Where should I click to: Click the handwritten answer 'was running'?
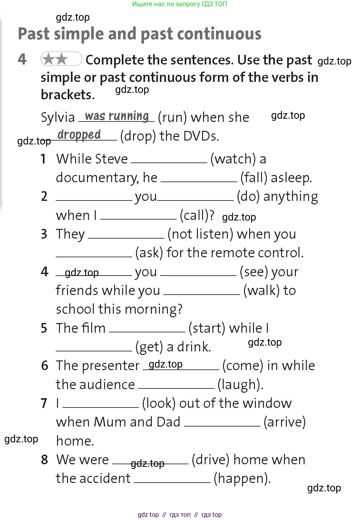point(117,116)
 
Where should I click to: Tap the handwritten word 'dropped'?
point(79,135)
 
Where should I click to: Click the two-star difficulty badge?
point(61,59)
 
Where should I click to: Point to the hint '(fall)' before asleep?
point(254,178)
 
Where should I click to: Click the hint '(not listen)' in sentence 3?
point(200,234)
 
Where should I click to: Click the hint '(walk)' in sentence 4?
point(261,291)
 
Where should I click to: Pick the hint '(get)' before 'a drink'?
point(149,347)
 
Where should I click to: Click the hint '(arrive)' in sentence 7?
point(285,422)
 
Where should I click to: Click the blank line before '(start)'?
point(147,332)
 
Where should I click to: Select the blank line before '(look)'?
point(101,407)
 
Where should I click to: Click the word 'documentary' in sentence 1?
point(97,178)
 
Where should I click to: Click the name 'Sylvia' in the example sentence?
point(58,118)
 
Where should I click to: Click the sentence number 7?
point(44,404)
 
